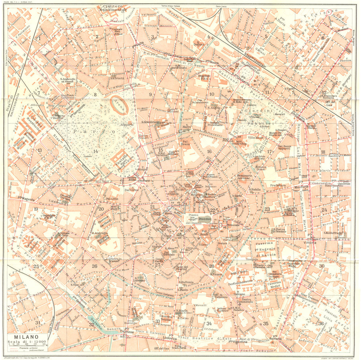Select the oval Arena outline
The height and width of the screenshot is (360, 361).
pyautogui.click(x=119, y=105)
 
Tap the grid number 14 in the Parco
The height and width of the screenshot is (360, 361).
pyautogui.click(x=95, y=152)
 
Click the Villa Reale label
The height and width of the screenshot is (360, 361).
pyautogui.click(x=256, y=137)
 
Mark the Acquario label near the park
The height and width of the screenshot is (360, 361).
pyautogui.click(x=127, y=124)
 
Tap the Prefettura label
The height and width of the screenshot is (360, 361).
pyautogui.click(x=278, y=185)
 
